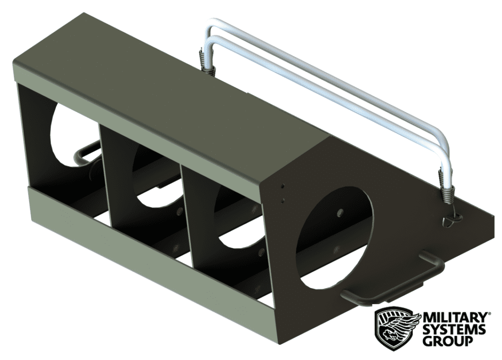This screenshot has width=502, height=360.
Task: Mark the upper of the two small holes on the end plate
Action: click(x=283, y=187)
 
